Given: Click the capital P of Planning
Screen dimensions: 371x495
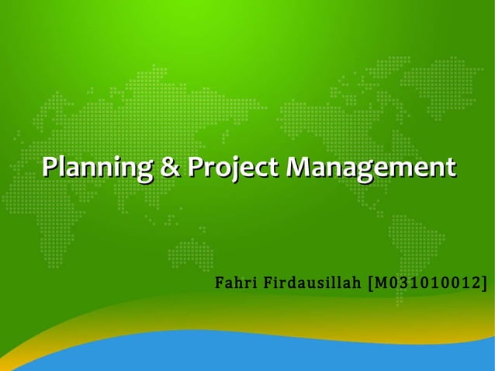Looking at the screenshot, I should pyautogui.click(x=50, y=167).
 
